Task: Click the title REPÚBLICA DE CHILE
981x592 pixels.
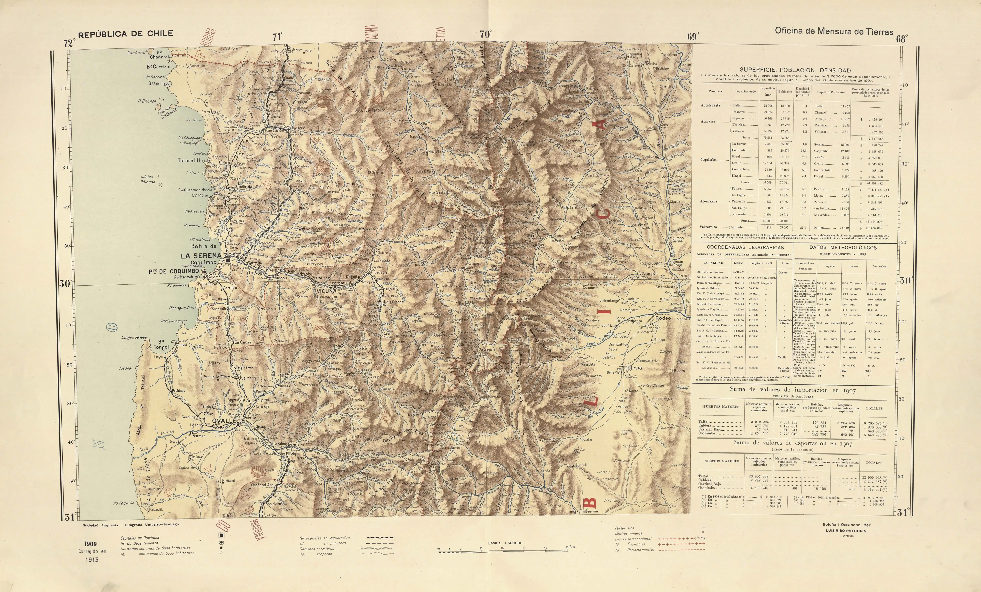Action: point(125,34)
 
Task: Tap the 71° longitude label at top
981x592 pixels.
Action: point(278,37)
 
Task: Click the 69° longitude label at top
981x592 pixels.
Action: point(693,37)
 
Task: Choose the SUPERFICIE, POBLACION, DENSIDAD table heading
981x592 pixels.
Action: point(795,70)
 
